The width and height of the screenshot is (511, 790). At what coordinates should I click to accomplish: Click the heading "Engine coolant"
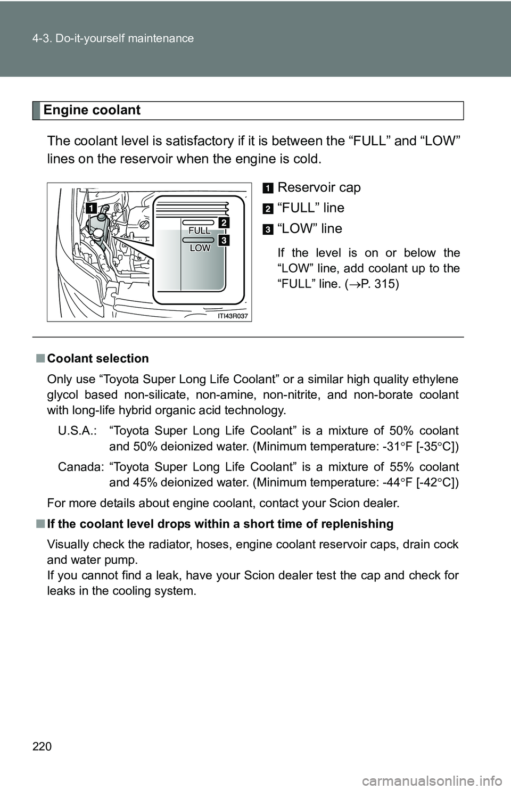pos(92,110)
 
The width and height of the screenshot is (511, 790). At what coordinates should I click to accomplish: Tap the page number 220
pos(42,746)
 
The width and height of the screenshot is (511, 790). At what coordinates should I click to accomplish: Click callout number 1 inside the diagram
pos(90,208)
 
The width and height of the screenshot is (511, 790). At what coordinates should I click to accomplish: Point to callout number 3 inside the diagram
pos(224,241)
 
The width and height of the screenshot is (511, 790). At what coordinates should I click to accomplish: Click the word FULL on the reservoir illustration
pos(200,231)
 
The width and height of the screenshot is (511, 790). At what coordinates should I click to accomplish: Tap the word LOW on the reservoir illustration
pos(200,248)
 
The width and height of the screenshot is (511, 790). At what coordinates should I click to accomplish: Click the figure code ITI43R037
pos(233,316)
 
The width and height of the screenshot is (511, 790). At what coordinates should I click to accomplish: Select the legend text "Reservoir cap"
pos(319,187)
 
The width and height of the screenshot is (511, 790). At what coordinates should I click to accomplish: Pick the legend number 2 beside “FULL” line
pos(268,209)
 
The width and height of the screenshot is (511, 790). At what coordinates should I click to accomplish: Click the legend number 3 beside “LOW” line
pos(268,229)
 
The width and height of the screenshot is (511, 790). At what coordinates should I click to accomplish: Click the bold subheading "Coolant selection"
pos(98,358)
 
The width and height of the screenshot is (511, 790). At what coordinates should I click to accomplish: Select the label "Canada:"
pos(81,467)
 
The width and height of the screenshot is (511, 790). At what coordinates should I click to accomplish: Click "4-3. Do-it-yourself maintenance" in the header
pos(113,38)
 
